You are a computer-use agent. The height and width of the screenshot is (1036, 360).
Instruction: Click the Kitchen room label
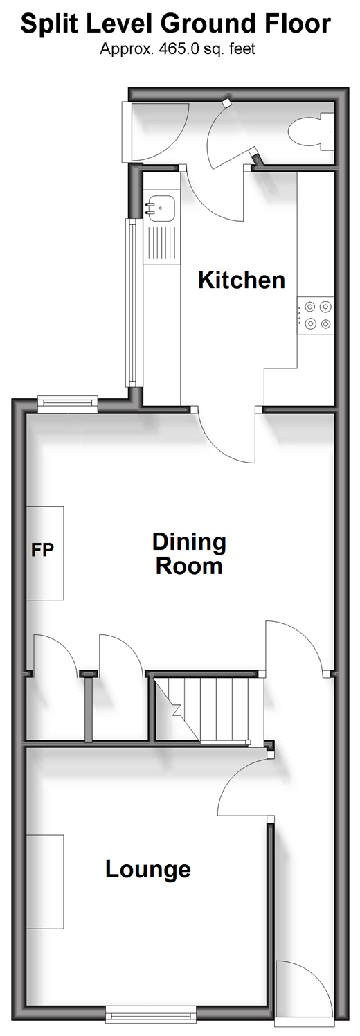(x=241, y=280)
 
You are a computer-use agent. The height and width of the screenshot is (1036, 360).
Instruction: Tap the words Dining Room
(x=189, y=554)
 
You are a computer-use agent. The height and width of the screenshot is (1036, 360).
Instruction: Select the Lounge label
(x=148, y=870)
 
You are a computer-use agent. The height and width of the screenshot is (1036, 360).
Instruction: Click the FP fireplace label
(x=42, y=550)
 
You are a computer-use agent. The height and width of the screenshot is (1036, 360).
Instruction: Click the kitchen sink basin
(x=160, y=208)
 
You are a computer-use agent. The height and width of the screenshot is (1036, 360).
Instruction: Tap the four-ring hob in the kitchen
(x=316, y=314)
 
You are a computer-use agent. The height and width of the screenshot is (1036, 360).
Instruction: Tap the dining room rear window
(x=68, y=403)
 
